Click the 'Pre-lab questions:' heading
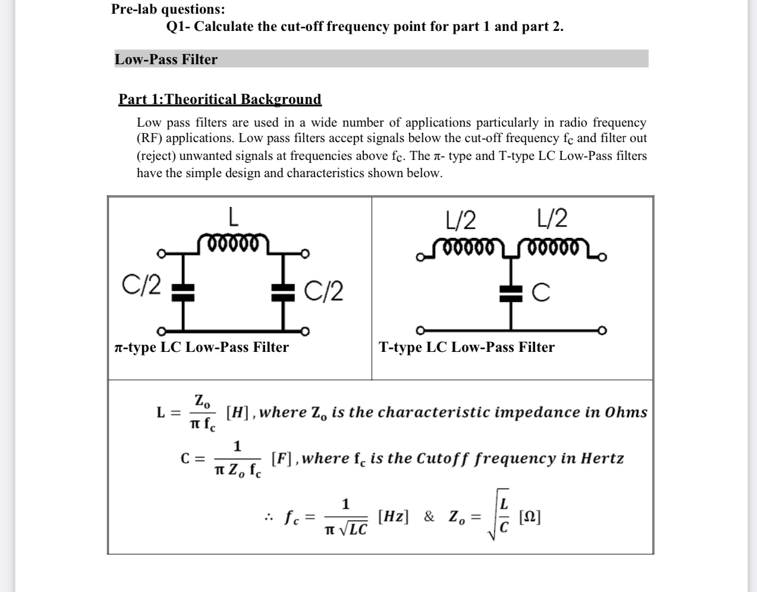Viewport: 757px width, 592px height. click(168, 9)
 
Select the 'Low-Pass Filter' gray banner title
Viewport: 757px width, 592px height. click(166, 59)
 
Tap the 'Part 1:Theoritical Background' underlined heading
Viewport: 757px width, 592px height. click(219, 99)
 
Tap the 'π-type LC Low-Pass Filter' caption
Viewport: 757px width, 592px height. click(201, 347)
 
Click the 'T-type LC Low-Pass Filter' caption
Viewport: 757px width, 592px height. click(467, 347)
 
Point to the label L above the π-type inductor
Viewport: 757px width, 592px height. click(234, 216)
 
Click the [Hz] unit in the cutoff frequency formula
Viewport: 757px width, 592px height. click(394, 516)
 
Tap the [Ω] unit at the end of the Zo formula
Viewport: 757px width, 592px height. click(530, 516)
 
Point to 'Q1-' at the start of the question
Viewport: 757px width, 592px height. click(177, 27)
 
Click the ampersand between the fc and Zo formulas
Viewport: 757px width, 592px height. click(429, 516)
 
